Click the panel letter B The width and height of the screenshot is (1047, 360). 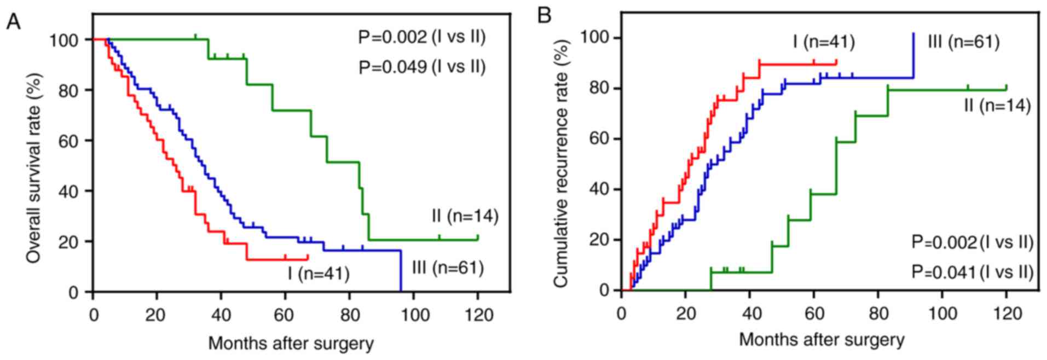[544, 15]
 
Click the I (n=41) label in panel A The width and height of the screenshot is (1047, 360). [319, 273]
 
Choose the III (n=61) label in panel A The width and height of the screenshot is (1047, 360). [448, 268]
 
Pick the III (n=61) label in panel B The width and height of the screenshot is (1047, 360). [963, 42]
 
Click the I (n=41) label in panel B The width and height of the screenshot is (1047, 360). [824, 42]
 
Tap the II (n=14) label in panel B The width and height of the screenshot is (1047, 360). [997, 105]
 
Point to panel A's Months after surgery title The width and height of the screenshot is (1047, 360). [291, 344]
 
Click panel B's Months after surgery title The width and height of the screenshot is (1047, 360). [822, 340]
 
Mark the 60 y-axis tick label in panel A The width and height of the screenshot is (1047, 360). [68, 141]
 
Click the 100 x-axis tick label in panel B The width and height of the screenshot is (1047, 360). [942, 313]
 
